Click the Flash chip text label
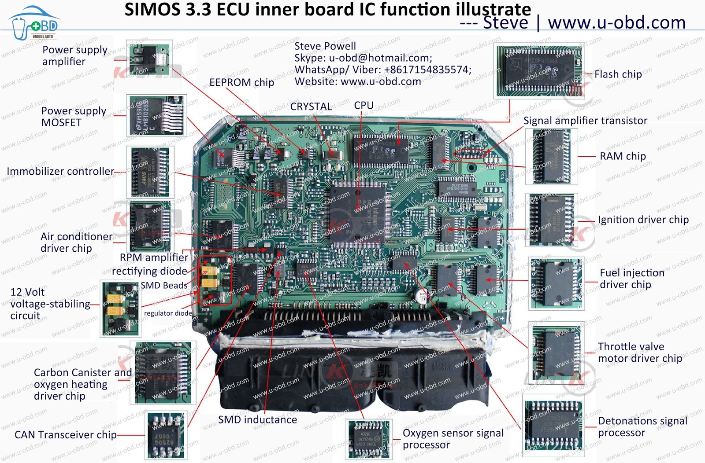click(x=618, y=74)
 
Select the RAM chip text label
click(x=623, y=156)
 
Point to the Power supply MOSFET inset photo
click(x=156, y=116)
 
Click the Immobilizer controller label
click(x=60, y=171)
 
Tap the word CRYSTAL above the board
click(x=311, y=107)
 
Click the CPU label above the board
click(x=364, y=106)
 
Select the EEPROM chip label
click(x=241, y=82)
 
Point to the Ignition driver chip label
click(x=643, y=220)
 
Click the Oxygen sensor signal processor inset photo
click(x=369, y=439)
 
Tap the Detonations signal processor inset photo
click(x=553, y=425)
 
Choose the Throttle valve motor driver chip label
click(x=640, y=353)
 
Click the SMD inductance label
click(x=257, y=420)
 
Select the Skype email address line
click(x=363, y=58)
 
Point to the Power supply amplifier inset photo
click(x=149, y=59)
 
